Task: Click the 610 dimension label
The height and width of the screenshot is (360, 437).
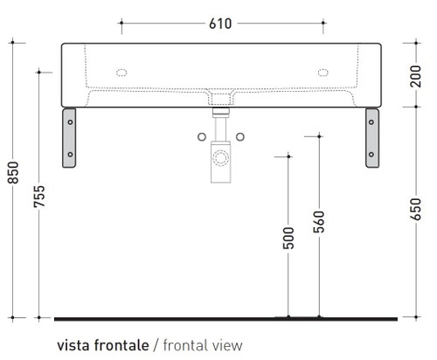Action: click(x=220, y=24)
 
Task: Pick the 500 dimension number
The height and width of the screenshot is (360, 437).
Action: click(x=288, y=239)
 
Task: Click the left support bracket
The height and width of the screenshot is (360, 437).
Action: click(x=70, y=136)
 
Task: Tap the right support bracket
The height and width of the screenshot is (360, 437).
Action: click(x=371, y=136)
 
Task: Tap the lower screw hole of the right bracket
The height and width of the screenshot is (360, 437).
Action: click(x=371, y=154)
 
